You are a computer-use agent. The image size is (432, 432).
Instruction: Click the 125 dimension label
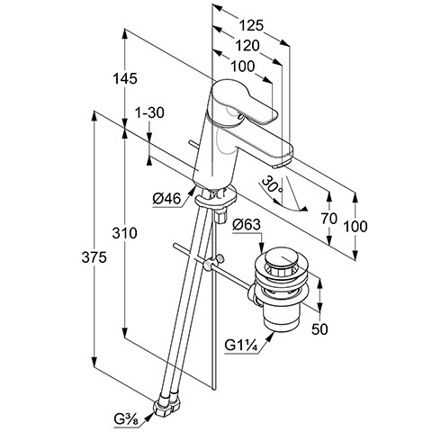point(251,25)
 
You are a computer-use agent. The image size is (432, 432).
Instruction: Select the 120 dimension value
point(247,46)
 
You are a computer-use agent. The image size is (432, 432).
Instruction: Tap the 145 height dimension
point(125,78)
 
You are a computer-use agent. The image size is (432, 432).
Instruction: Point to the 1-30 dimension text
point(149,113)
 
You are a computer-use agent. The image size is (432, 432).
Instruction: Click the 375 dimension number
point(94,257)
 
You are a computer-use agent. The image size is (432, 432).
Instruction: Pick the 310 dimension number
point(125,233)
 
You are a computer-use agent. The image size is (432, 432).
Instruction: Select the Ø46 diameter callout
point(166,199)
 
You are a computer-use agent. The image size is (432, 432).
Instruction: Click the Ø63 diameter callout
point(247,224)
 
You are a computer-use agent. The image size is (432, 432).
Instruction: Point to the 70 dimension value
point(329,219)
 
